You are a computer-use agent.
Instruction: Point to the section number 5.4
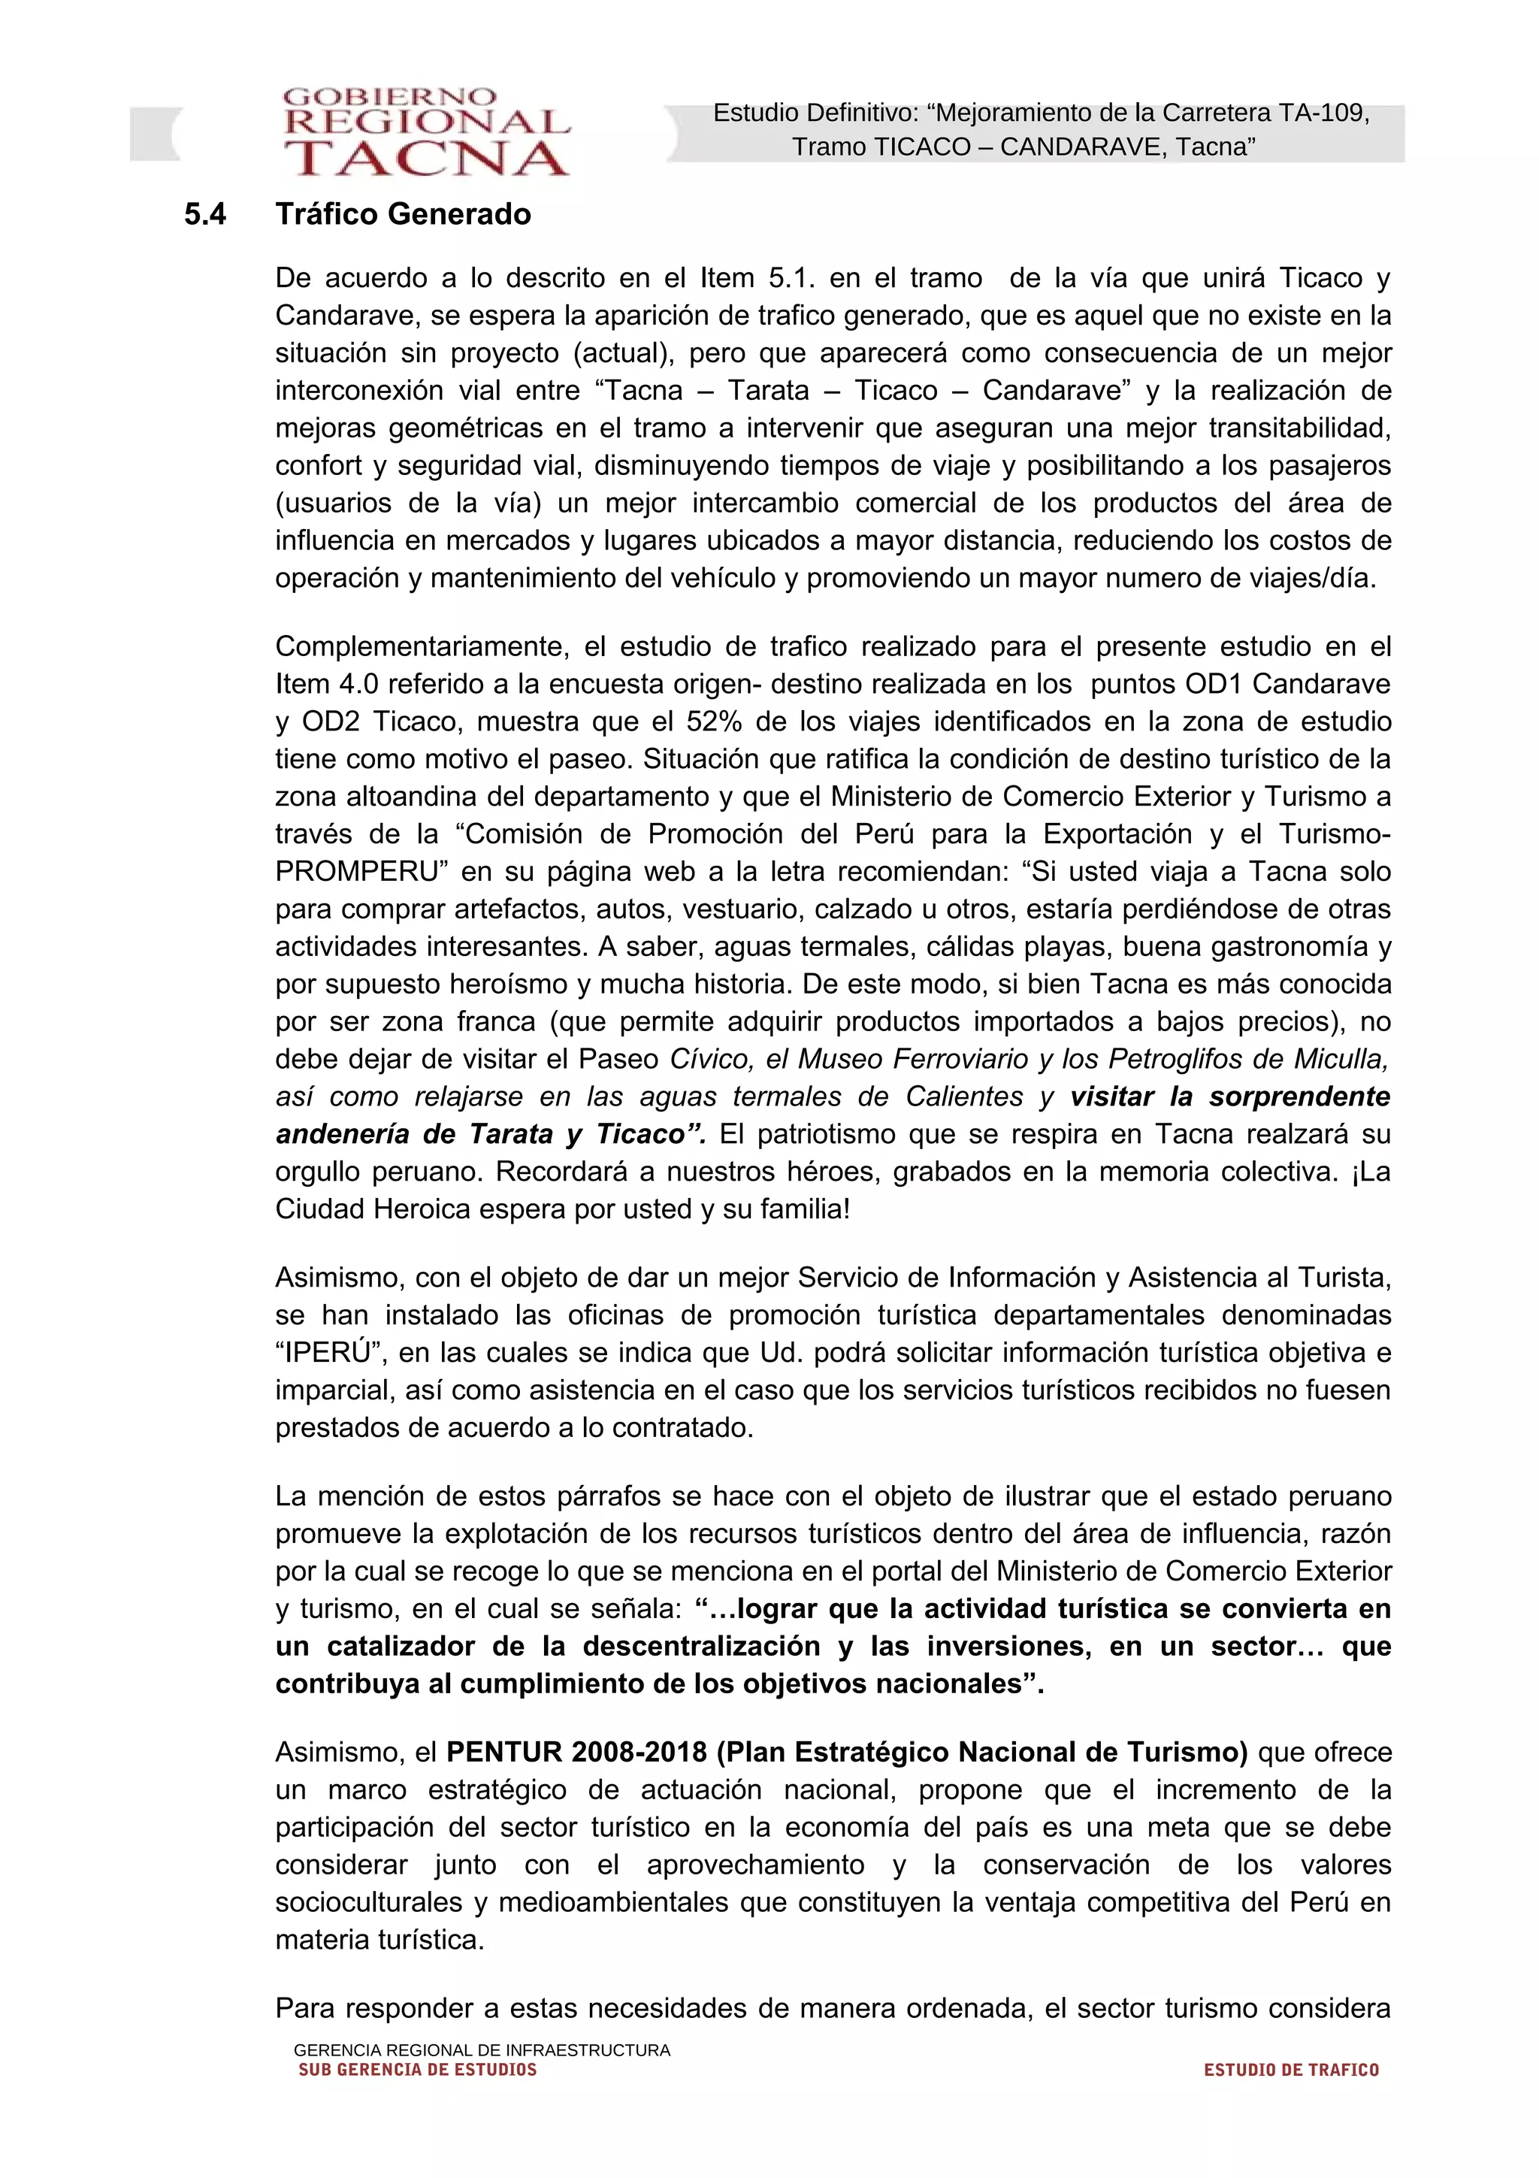click(x=205, y=214)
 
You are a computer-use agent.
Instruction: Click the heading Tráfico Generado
click(x=403, y=214)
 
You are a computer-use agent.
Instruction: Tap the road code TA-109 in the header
click(x=1322, y=113)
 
